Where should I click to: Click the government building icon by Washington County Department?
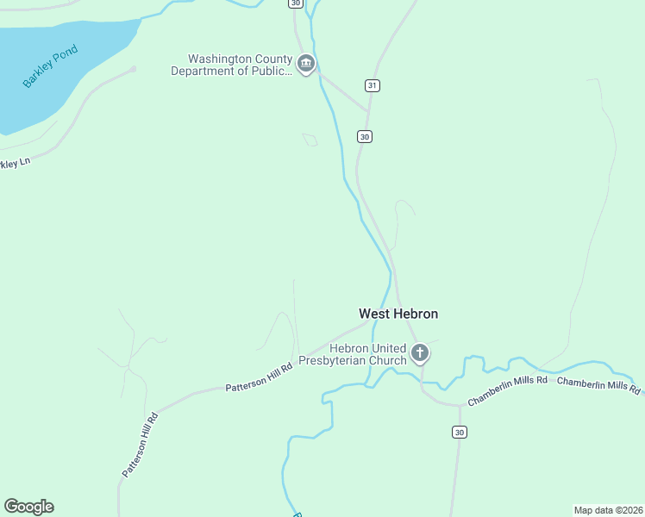point(305,64)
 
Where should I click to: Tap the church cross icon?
point(420,352)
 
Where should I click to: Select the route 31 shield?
point(373,85)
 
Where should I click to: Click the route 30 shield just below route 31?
point(365,136)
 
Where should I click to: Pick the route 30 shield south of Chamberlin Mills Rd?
point(459,432)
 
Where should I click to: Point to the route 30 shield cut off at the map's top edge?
point(297,3)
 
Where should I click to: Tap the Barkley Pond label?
point(50,66)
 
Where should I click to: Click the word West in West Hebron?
point(374,315)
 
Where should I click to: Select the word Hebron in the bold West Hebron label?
point(416,315)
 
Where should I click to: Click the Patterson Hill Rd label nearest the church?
point(260,377)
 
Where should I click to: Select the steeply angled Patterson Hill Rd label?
point(140,445)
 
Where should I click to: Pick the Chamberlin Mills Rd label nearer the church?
point(508,390)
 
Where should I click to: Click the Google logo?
point(28,507)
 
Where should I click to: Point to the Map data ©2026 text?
point(608,509)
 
